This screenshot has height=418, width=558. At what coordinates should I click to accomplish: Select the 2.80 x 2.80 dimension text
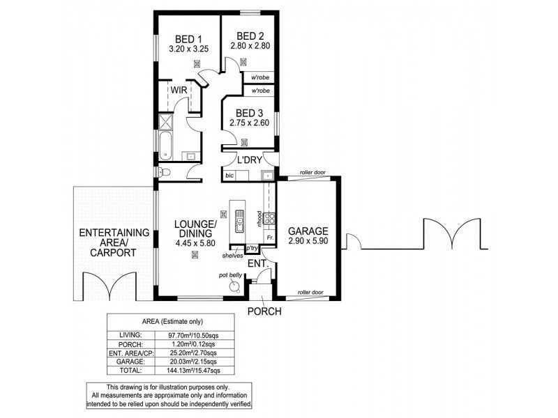click(250, 47)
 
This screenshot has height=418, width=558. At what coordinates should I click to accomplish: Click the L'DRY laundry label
click(250, 160)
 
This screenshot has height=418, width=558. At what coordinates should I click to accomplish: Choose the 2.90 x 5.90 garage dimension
click(308, 241)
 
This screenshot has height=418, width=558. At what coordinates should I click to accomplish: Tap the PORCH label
click(264, 311)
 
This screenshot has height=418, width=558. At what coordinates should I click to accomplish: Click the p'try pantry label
click(252, 248)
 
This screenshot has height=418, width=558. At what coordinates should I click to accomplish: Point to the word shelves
click(232, 256)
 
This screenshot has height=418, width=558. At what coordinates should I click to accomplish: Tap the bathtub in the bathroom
click(164, 146)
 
